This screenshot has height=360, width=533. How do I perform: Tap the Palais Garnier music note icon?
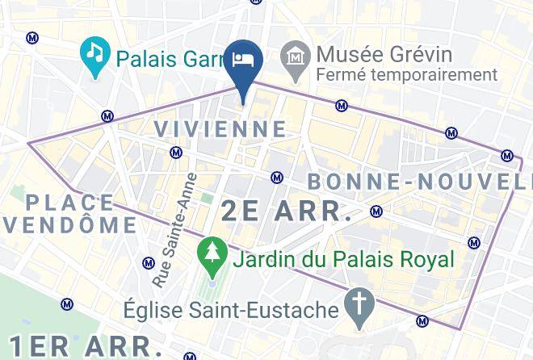(x=95, y=55)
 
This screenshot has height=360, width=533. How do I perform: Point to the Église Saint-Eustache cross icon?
(x=355, y=304)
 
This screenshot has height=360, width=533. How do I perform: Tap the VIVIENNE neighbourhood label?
(x=220, y=128)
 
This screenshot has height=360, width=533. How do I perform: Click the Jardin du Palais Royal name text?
(x=342, y=260)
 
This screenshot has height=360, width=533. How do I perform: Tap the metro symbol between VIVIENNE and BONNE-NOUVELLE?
(x=277, y=177)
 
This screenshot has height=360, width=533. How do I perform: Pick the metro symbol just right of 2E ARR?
(x=376, y=212)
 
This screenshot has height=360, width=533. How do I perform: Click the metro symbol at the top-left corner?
(x=32, y=37)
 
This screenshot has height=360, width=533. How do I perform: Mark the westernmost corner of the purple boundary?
(x=29, y=144)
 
